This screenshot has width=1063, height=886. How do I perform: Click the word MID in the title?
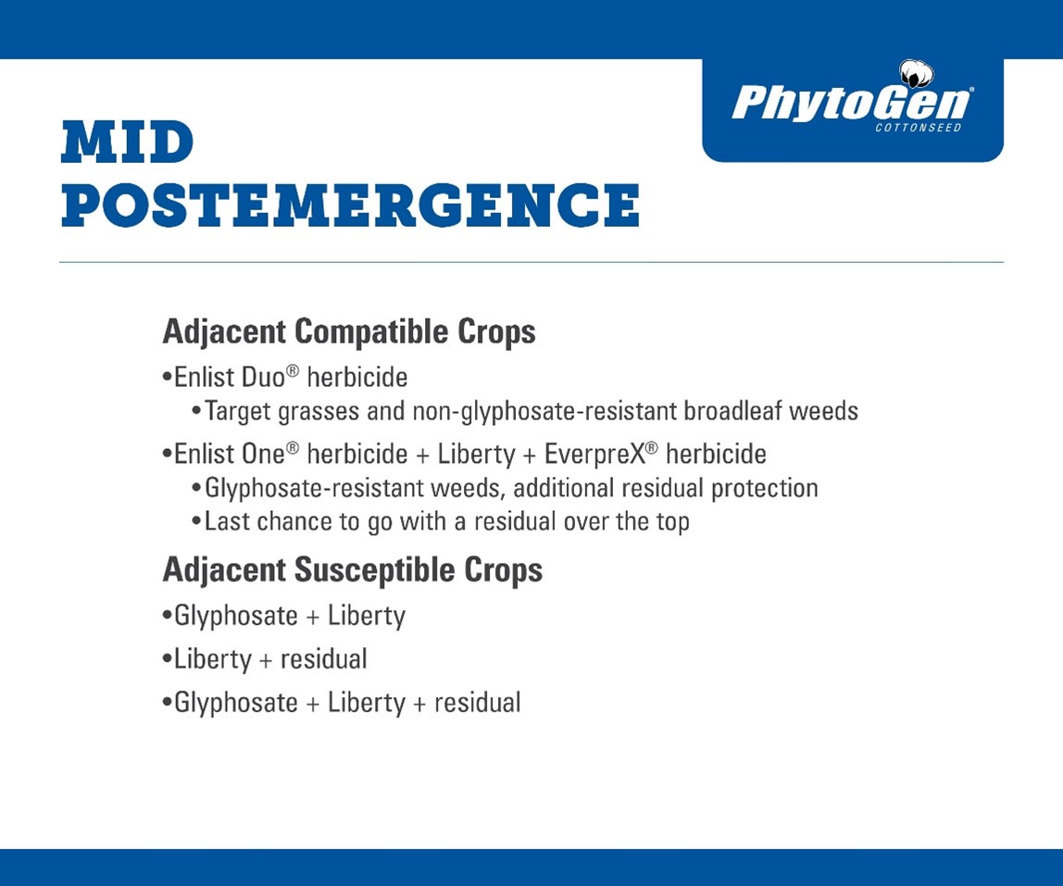point(128,143)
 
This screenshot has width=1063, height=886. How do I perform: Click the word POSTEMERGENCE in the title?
point(351,205)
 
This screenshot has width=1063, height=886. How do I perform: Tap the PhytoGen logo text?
point(852,103)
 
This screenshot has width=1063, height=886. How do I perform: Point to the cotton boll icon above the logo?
point(916,74)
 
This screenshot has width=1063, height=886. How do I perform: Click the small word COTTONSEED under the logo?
point(918,128)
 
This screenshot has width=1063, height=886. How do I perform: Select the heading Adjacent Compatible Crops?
point(349,332)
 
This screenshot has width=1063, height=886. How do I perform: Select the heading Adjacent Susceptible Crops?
point(353,570)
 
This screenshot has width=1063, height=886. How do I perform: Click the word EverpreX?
point(594,455)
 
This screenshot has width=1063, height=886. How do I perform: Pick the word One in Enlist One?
point(263,455)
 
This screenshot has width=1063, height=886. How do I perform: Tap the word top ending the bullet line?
point(672,523)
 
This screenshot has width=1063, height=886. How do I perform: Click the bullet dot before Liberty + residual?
point(167,659)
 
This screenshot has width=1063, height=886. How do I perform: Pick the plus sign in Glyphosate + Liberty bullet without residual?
point(313,617)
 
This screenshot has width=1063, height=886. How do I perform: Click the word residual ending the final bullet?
point(477,703)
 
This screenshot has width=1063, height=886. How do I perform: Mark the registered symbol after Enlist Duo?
point(293,371)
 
